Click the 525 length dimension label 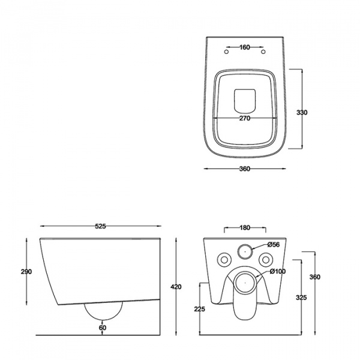[100, 226]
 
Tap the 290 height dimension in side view [26, 272]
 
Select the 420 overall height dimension [176, 287]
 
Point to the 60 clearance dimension [103, 328]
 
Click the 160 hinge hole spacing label [245, 47]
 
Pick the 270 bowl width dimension [245, 118]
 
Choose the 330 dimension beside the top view [302, 113]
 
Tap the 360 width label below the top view [245, 169]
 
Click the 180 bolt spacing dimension [245, 228]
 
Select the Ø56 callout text [274, 245]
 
